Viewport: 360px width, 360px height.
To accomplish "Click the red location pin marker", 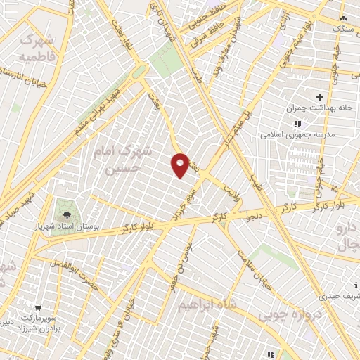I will point(180,165).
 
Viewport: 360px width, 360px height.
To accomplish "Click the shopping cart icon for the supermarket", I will point(38,307).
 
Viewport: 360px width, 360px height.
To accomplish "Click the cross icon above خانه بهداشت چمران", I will point(319,96).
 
